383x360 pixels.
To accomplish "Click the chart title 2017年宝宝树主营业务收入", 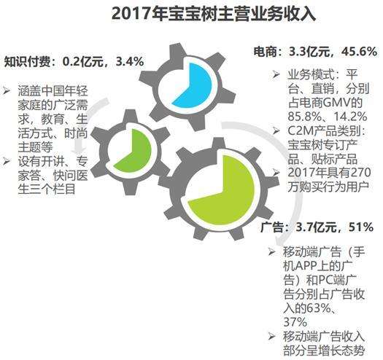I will click(x=192, y=15).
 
